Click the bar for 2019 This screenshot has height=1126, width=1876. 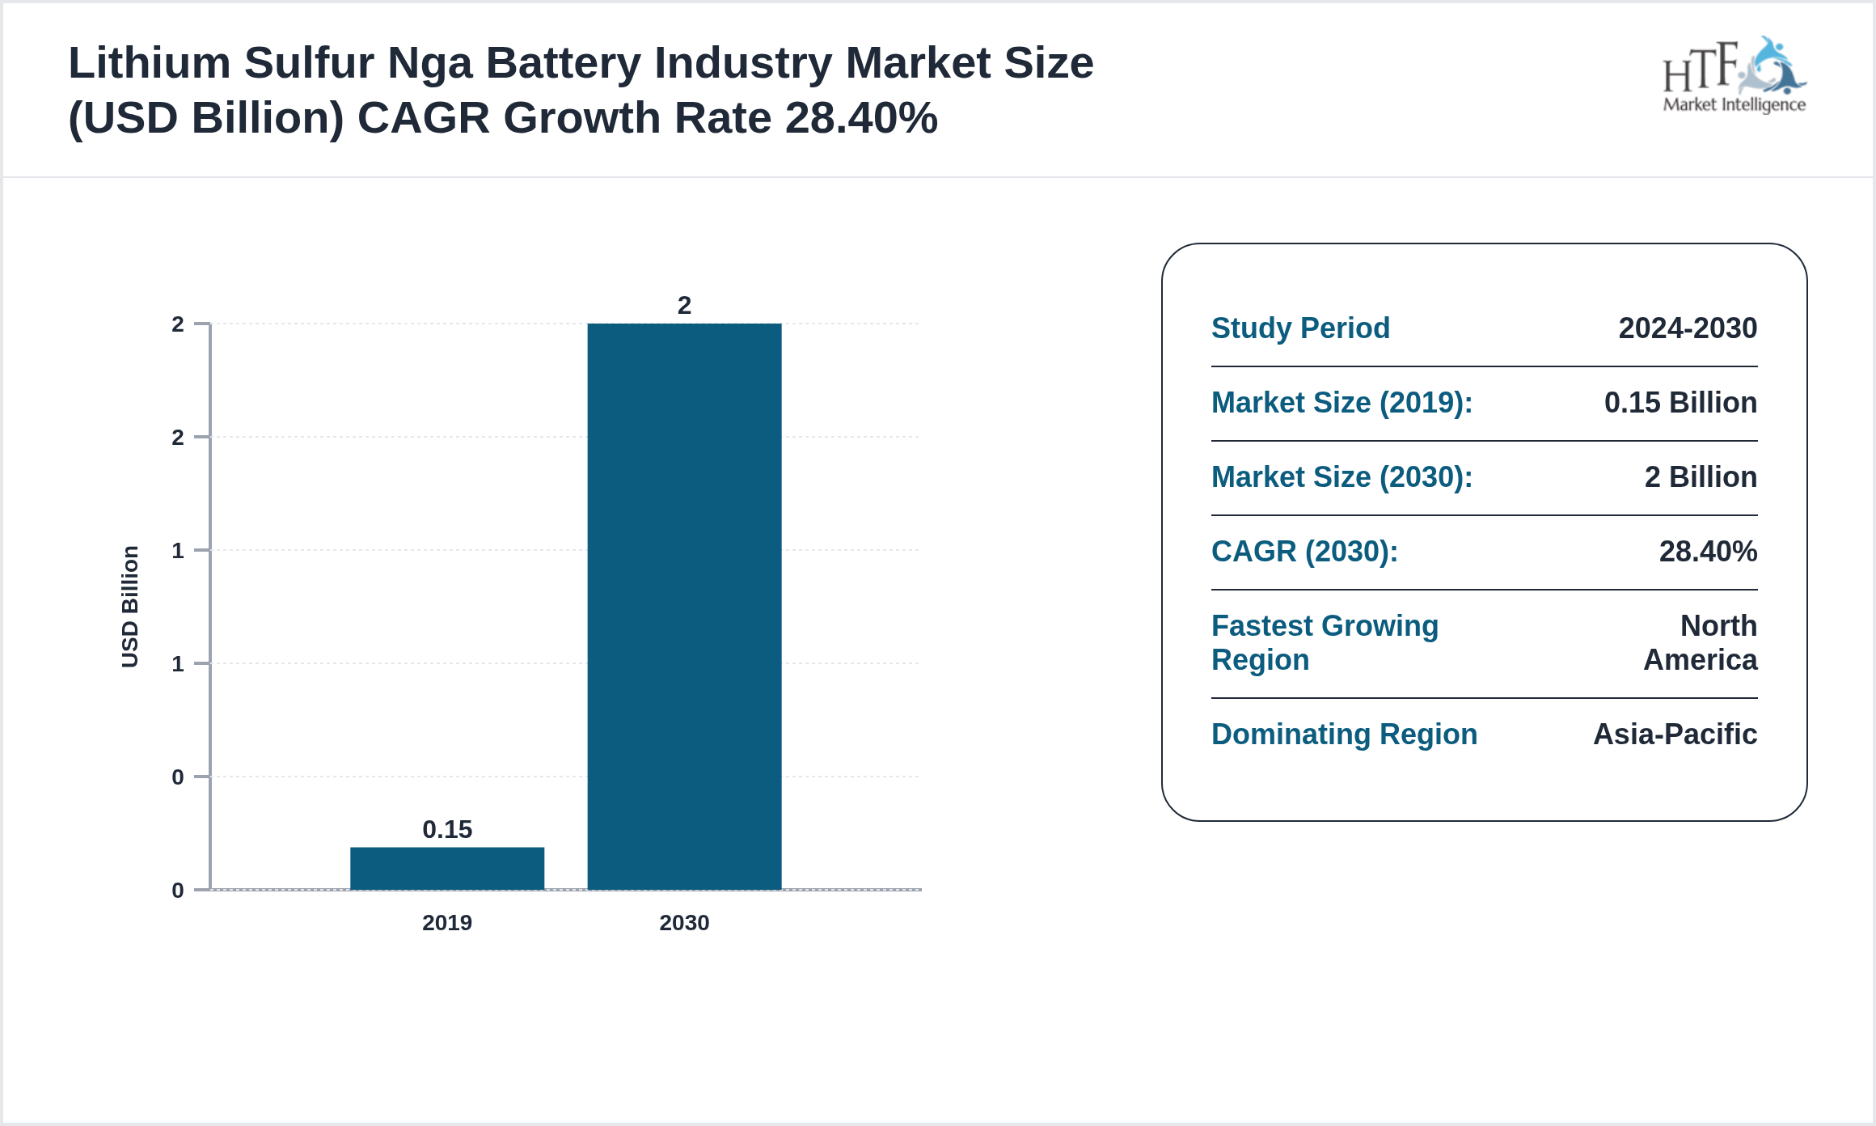[447, 868]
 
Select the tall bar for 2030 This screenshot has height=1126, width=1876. [684, 607]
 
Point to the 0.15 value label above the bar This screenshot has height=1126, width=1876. [447, 829]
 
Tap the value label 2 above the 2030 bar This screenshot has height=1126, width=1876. [684, 306]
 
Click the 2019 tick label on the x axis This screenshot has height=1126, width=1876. [447, 923]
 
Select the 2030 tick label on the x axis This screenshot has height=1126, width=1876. [684, 923]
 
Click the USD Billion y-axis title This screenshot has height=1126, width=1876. [130, 607]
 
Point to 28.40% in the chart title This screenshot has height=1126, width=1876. [860, 118]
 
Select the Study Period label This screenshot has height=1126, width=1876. [1300, 328]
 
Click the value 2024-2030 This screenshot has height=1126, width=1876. [1688, 328]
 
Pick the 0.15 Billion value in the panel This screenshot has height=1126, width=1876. [1680, 403]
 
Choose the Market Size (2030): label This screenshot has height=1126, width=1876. [1342, 477]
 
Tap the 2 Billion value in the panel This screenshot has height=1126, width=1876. [1701, 477]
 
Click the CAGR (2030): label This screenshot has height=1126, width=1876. [1304, 552]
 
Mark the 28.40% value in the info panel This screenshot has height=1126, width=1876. [1708, 552]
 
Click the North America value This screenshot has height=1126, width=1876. [1701, 643]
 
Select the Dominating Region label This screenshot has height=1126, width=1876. [1344, 734]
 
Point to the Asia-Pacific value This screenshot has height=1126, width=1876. [1675, 734]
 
